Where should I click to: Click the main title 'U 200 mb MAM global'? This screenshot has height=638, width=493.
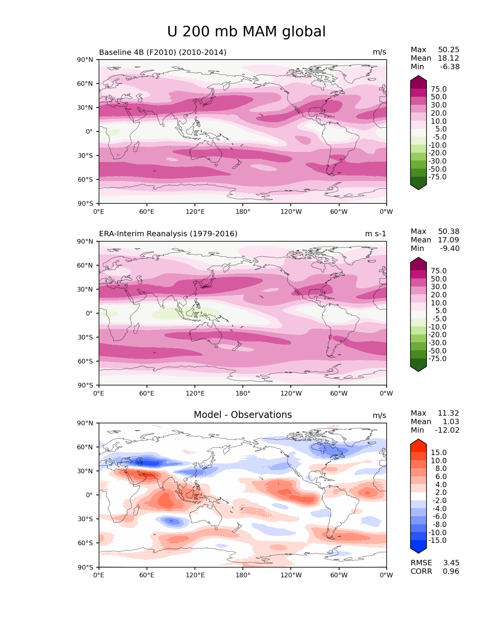[x=246, y=32]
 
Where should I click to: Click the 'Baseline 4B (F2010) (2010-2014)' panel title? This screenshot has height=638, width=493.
[x=163, y=52]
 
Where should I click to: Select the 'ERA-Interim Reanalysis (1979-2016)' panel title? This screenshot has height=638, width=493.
[x=168, y=234]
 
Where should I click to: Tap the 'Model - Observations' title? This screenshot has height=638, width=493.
[x=242, y=415]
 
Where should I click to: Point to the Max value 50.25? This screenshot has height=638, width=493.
[x=449, y=49]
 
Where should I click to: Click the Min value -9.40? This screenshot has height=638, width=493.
[x=450, y=248]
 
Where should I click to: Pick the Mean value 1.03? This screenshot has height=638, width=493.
[x=451, y=421]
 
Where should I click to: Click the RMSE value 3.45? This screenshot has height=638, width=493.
[x=451, y=563]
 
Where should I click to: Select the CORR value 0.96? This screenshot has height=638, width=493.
[x=451, y=571]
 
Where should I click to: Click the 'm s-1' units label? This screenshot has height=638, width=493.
[x=375, y=234]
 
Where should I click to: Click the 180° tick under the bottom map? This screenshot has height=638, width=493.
[x=243, y=575]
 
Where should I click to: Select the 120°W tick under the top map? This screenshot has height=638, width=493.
[x=291, y=212]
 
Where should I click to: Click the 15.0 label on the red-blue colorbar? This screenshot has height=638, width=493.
[x=438, y=452]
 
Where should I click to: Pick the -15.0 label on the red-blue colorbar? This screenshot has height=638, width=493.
[x=437, y=540]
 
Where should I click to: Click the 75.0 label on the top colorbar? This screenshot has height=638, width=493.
[x=438, y=89]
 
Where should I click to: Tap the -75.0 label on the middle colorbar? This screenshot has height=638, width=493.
[x=437, y=358]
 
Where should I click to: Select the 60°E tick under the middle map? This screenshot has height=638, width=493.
[x=147, y=393]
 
